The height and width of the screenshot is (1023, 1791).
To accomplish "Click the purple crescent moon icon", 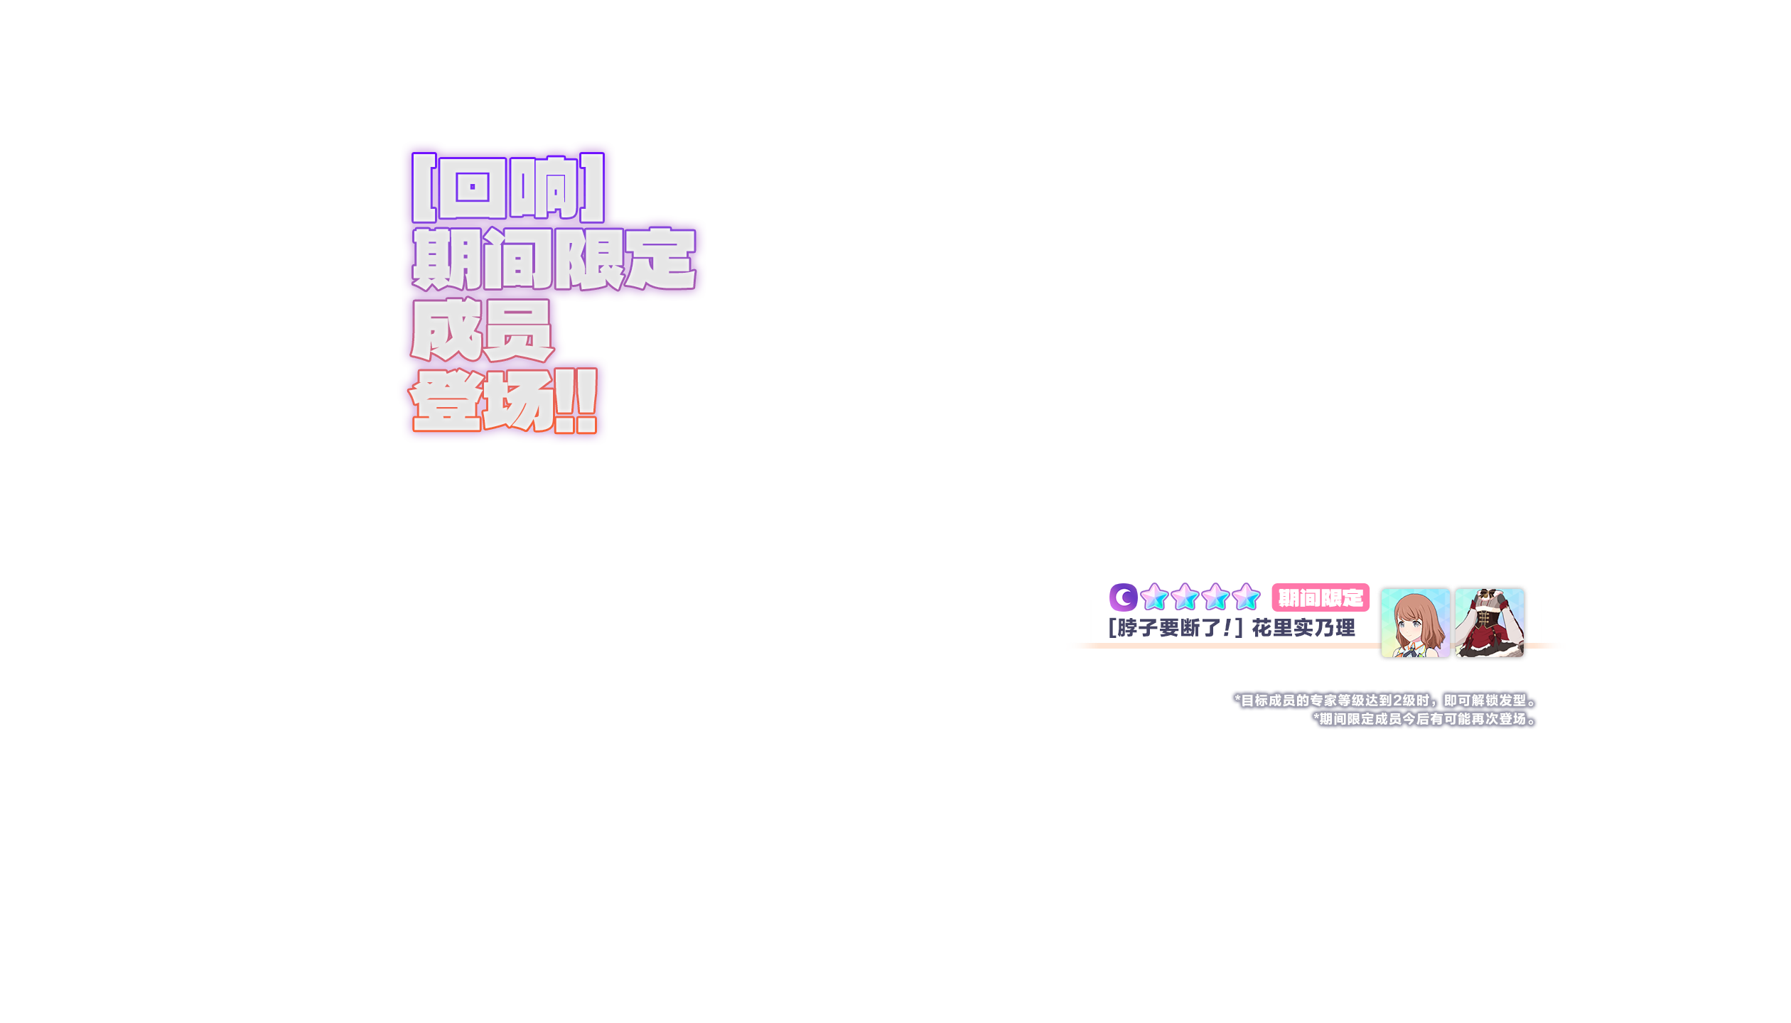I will click(1123, 597).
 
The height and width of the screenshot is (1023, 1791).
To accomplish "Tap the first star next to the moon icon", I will click(1154, 597).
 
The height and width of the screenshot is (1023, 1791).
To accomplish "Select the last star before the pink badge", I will click(1246, 597).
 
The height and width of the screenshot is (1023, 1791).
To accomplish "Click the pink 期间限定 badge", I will click(1321, 598).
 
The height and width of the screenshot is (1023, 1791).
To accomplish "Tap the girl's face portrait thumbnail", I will click(1414, 623).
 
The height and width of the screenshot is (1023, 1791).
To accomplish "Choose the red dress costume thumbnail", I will click(1490, 623).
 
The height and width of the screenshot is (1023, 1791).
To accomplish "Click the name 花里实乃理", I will click(1303, 628).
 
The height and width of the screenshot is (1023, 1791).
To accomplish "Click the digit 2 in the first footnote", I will click(1397, 701).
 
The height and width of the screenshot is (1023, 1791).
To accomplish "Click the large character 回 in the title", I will click(473, 188).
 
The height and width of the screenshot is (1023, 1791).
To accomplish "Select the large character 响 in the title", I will click(544, 188).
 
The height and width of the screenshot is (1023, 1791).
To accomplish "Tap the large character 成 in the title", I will click(446, 330).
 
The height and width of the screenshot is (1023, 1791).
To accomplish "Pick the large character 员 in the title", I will click(517, 330).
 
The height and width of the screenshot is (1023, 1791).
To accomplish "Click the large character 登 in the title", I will click(446, 401).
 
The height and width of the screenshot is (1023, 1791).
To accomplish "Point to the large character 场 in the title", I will click(517, 401).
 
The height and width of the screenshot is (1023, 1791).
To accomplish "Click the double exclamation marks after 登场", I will click(576, 401).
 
